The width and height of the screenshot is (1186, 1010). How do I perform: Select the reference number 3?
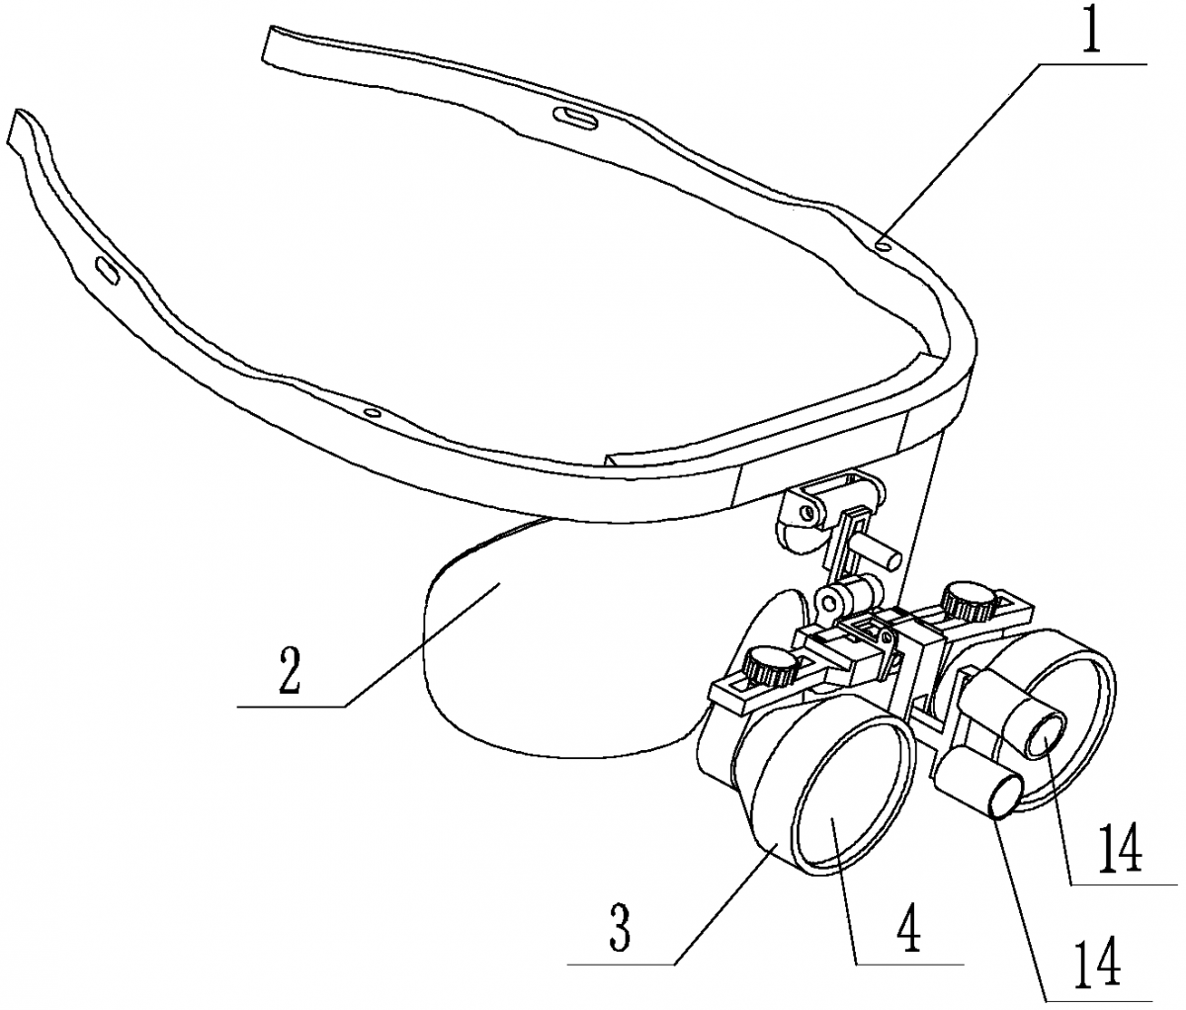click(x=621, y=929)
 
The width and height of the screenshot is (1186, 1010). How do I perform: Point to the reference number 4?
click(x=907, y=930)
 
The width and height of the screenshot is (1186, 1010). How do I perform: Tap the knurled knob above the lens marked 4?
click(x=772, y=666)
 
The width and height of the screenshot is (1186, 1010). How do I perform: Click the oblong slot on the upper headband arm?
click(x=575, y=117)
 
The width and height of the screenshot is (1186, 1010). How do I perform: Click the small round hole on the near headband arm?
click(x=372, y=413)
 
